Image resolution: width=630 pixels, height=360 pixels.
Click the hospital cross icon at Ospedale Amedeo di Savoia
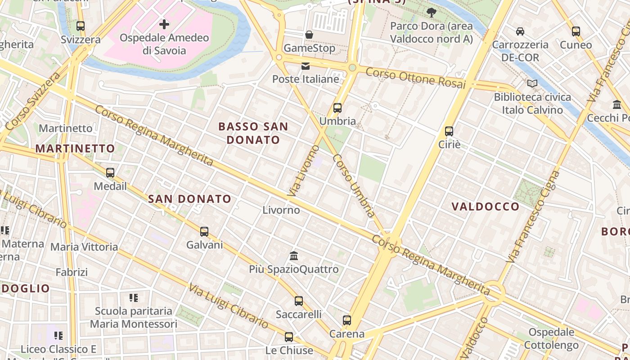click(x=164, y=24)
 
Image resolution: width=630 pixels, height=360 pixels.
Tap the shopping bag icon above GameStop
click(x=309, y=35)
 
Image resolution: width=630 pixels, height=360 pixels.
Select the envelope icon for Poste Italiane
click(x=306, y=66)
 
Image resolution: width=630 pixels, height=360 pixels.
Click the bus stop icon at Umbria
click(x=337, y=108)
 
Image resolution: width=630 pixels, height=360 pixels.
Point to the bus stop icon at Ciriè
click(x=449, y=131)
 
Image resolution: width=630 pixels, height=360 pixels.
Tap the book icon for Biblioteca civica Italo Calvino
click(x=532, y=83)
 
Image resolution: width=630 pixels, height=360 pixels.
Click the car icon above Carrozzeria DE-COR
click(x=520, y=31)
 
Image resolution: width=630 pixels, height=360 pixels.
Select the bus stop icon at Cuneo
click(x=576, y=31)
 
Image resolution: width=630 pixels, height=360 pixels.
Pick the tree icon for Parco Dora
click(x=431, y=13)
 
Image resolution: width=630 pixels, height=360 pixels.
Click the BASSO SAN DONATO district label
click(x=253, y=133)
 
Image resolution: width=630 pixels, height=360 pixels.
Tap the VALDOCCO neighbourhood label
click(x=486, y=207)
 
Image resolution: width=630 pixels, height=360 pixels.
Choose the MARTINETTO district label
click(x=75, y=148)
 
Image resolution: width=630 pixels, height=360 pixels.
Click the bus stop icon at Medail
click(x=110, y=173)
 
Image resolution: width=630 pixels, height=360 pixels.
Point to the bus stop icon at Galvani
click(x=204, y=232)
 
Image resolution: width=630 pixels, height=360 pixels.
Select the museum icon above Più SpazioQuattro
click(x=294, y=256)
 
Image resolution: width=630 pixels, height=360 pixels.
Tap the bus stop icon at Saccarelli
click(x=299, y=301)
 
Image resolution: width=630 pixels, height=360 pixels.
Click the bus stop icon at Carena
click(x=346, y=320)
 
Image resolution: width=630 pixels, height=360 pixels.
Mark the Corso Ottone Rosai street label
click(x=415, y=78)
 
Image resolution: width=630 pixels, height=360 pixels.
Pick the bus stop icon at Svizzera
click(x=81, y=26)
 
